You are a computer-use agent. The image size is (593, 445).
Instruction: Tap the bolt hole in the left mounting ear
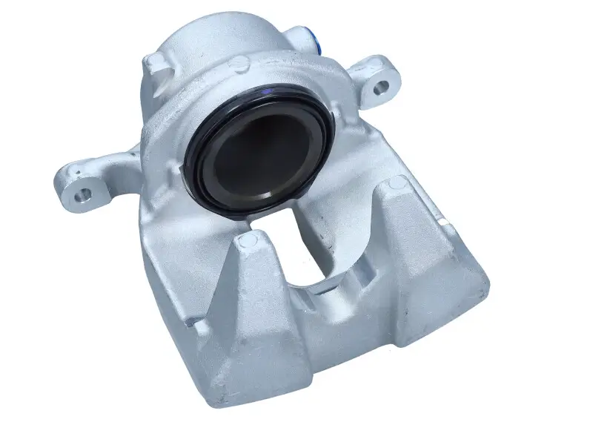tap(85, 194)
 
